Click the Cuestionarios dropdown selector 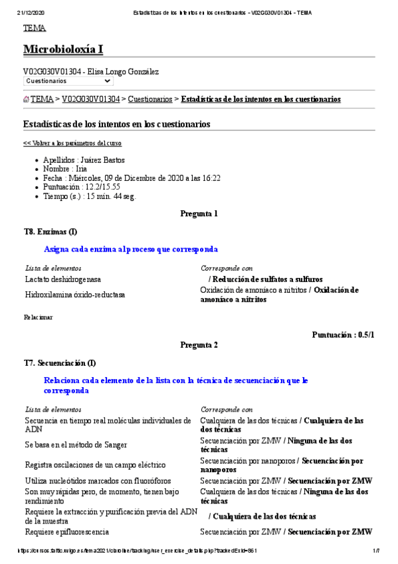[x=68, y=81]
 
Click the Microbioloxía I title [x=63, y=50]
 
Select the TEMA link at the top [x=35, y=28]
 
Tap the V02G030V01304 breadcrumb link [x=91, y=99]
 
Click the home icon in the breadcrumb [x=26, y=100]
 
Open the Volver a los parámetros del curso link [x=72, y=143]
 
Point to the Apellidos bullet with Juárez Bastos [x=84, y=160]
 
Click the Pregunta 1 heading [x=199, y=214]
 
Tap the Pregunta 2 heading [x=199, y=345]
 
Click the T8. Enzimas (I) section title [x=50, y=231]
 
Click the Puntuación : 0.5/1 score [x=343, y=335]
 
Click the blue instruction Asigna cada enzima [x=130, y=249]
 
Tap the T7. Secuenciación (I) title [x=60, y=363]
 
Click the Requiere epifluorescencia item [x=66, y=532]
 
